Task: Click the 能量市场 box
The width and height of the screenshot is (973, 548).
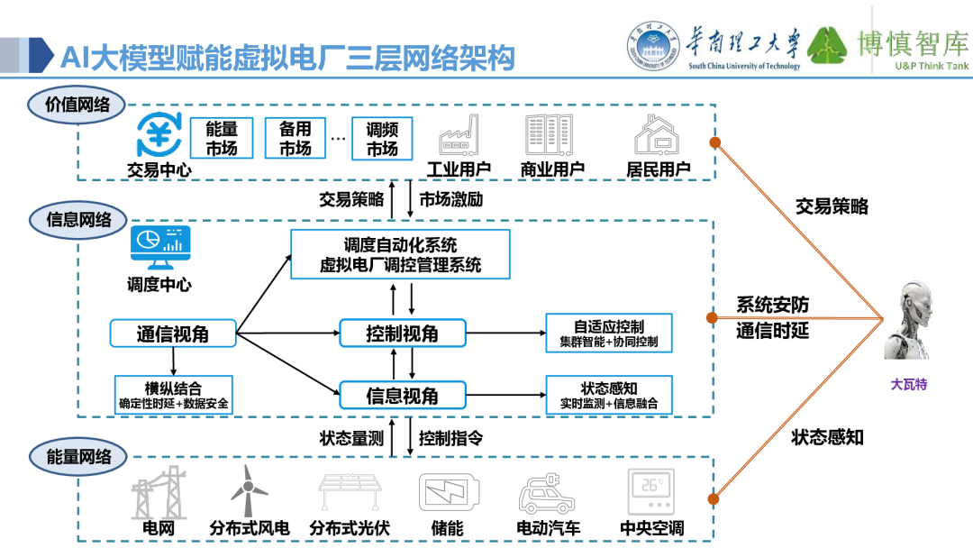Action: pos(222,139)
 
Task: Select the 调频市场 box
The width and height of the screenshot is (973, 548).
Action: pos(382,139)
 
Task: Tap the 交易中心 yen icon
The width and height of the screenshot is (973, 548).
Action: pos(159,135)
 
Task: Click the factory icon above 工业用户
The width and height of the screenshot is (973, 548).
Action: pos(458,137)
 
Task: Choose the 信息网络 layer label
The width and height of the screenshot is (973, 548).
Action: pos(79,219)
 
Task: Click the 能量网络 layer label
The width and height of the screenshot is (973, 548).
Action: pos(79,456)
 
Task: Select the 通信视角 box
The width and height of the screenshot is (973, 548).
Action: pos(172,333)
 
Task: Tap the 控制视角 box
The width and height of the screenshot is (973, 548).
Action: pos(402,333)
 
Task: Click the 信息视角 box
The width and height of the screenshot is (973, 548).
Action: pos(402,395)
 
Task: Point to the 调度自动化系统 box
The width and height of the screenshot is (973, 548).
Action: pos(400,254)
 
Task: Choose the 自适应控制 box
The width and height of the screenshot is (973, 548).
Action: pos(609,333)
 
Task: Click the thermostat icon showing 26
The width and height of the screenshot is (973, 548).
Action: pos(650,491)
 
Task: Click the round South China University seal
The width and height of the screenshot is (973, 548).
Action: pos(654,45)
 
